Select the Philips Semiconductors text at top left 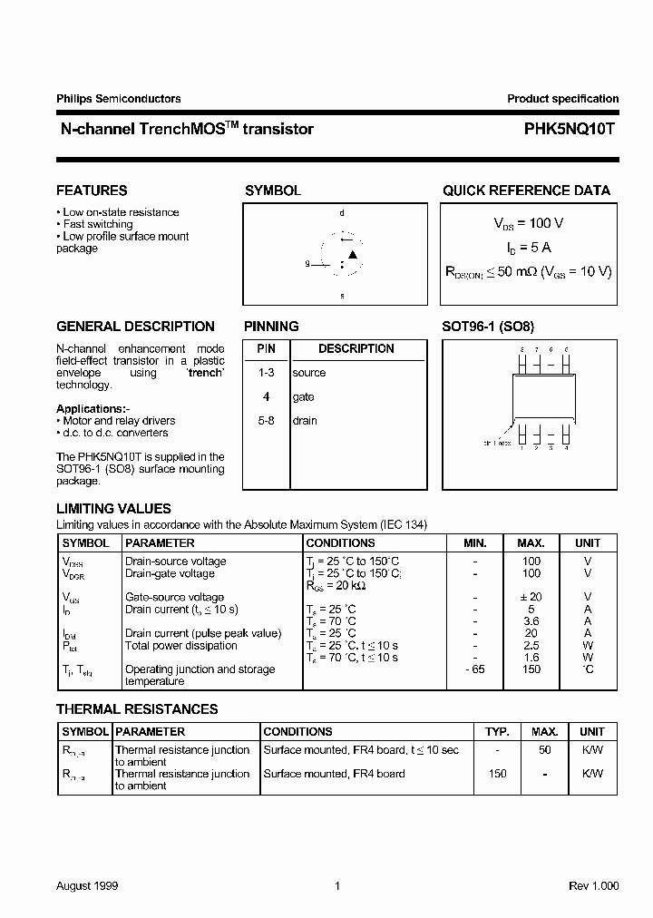(118, 99)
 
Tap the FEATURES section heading (92, 190)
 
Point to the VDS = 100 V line (529, 223)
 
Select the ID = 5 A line (529, 247)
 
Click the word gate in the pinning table (303, 397)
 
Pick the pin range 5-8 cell (266, 421)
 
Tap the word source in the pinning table (308, 373)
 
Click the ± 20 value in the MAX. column (531, 598)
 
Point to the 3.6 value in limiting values (531, 621)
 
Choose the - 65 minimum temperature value (475, 669)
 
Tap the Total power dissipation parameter (180, 646)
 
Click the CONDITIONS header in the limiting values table (340, 543)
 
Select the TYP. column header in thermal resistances (497, 731)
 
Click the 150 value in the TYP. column (497, 774)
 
